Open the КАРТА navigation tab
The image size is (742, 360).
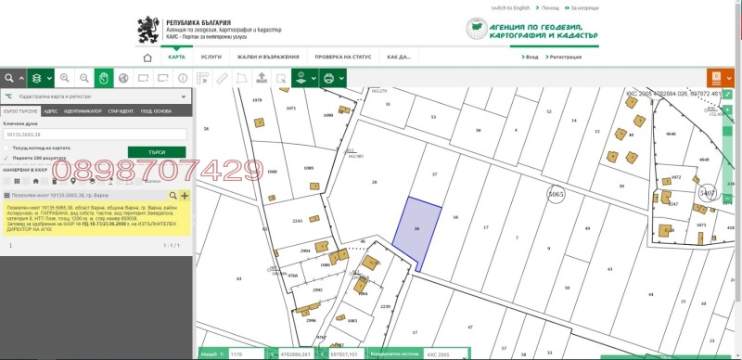click(176, 57)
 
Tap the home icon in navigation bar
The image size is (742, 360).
click(147, 57)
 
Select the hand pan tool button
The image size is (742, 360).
click(104, 78)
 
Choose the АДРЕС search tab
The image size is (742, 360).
click(50, 110)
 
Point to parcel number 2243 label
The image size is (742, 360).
click(272, 221)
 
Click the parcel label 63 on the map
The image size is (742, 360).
click(239, 277)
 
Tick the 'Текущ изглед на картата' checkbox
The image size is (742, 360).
click(7, 148)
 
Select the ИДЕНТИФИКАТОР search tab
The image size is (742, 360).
click(83, 110)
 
